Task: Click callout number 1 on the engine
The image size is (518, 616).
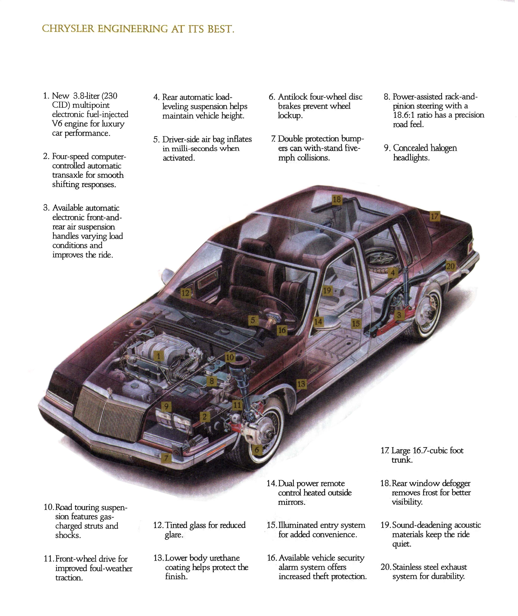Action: pyautogui.click(x=159, y=356)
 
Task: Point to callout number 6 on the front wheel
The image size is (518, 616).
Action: pyautogui.click(x=257, y=450)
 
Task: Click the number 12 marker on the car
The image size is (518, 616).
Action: pyautogui.click(x=185, y=293)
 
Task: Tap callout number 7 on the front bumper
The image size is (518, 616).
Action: pyautogui.click(x=166, y=458)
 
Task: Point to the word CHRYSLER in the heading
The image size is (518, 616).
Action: pyautogui.click(x=68, y=29)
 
